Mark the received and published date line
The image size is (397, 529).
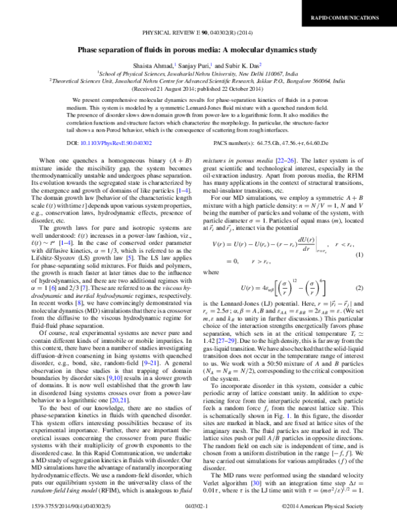(x=198, y=91)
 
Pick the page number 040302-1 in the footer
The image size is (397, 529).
(x=198, y=523)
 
